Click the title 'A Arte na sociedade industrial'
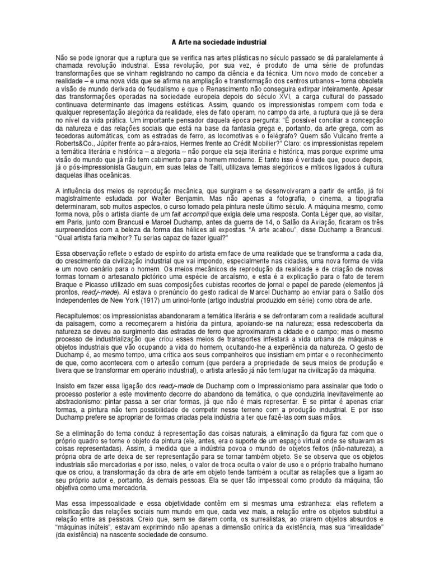(214, 42)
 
